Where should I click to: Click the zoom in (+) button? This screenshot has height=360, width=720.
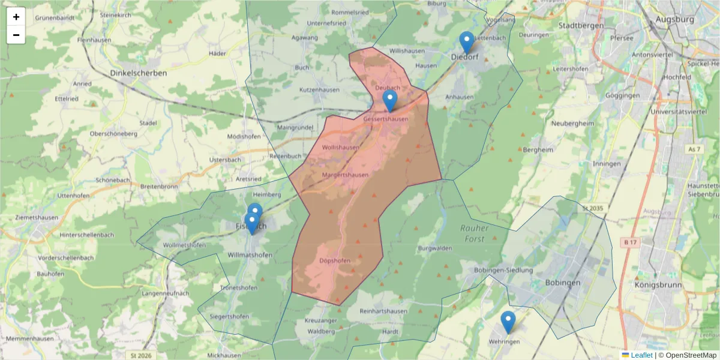[x=16, y=17]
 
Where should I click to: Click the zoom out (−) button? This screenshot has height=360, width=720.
[x=16, y=35]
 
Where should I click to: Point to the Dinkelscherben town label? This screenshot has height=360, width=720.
[x=139, y=73]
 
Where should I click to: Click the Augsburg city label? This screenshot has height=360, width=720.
[x=674, y=19]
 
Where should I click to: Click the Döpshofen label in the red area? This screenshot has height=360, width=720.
[x=335, y=260]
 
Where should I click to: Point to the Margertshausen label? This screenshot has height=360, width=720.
[x=345, y=175]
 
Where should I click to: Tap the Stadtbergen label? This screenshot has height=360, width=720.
[x=580, y=26]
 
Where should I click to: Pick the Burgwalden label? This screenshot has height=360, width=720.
[x=434, y=248]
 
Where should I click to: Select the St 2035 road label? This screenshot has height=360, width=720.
[x=592, y=208]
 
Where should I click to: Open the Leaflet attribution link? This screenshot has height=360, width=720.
[x=641, y=355]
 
